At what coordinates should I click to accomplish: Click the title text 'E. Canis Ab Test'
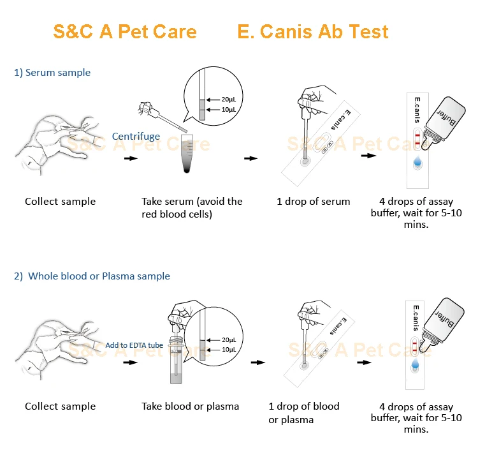[x=312, y=31]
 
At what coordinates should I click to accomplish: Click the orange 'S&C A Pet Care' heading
[x=124, y=31]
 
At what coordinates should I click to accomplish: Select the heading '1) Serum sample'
[x=52, y=73]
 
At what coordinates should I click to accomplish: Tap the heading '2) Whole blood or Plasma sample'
[x=92, y=276]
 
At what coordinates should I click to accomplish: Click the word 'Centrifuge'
[x=136, y=136]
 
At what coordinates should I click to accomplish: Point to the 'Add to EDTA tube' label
[x=134, y=345]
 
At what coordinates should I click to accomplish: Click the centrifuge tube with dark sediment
[x=187, y=154]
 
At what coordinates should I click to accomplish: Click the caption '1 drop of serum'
[x=313, y=202]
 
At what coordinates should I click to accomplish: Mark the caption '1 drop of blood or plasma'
[x=303, y=413]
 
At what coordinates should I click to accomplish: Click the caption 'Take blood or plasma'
[x=190, y=407]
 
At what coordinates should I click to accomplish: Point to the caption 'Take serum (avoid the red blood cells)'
[x=192, y=208]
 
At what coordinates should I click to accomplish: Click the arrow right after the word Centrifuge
[x=131, y=158]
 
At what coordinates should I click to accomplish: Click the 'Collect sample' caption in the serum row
[x=60, y=202]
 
